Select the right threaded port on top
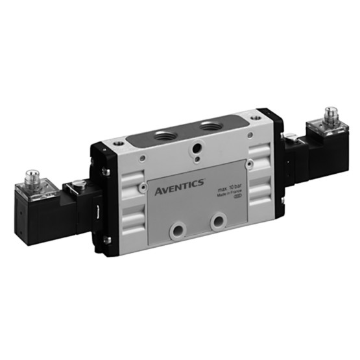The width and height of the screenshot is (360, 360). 211,124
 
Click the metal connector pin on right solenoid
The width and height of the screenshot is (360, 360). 331,113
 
